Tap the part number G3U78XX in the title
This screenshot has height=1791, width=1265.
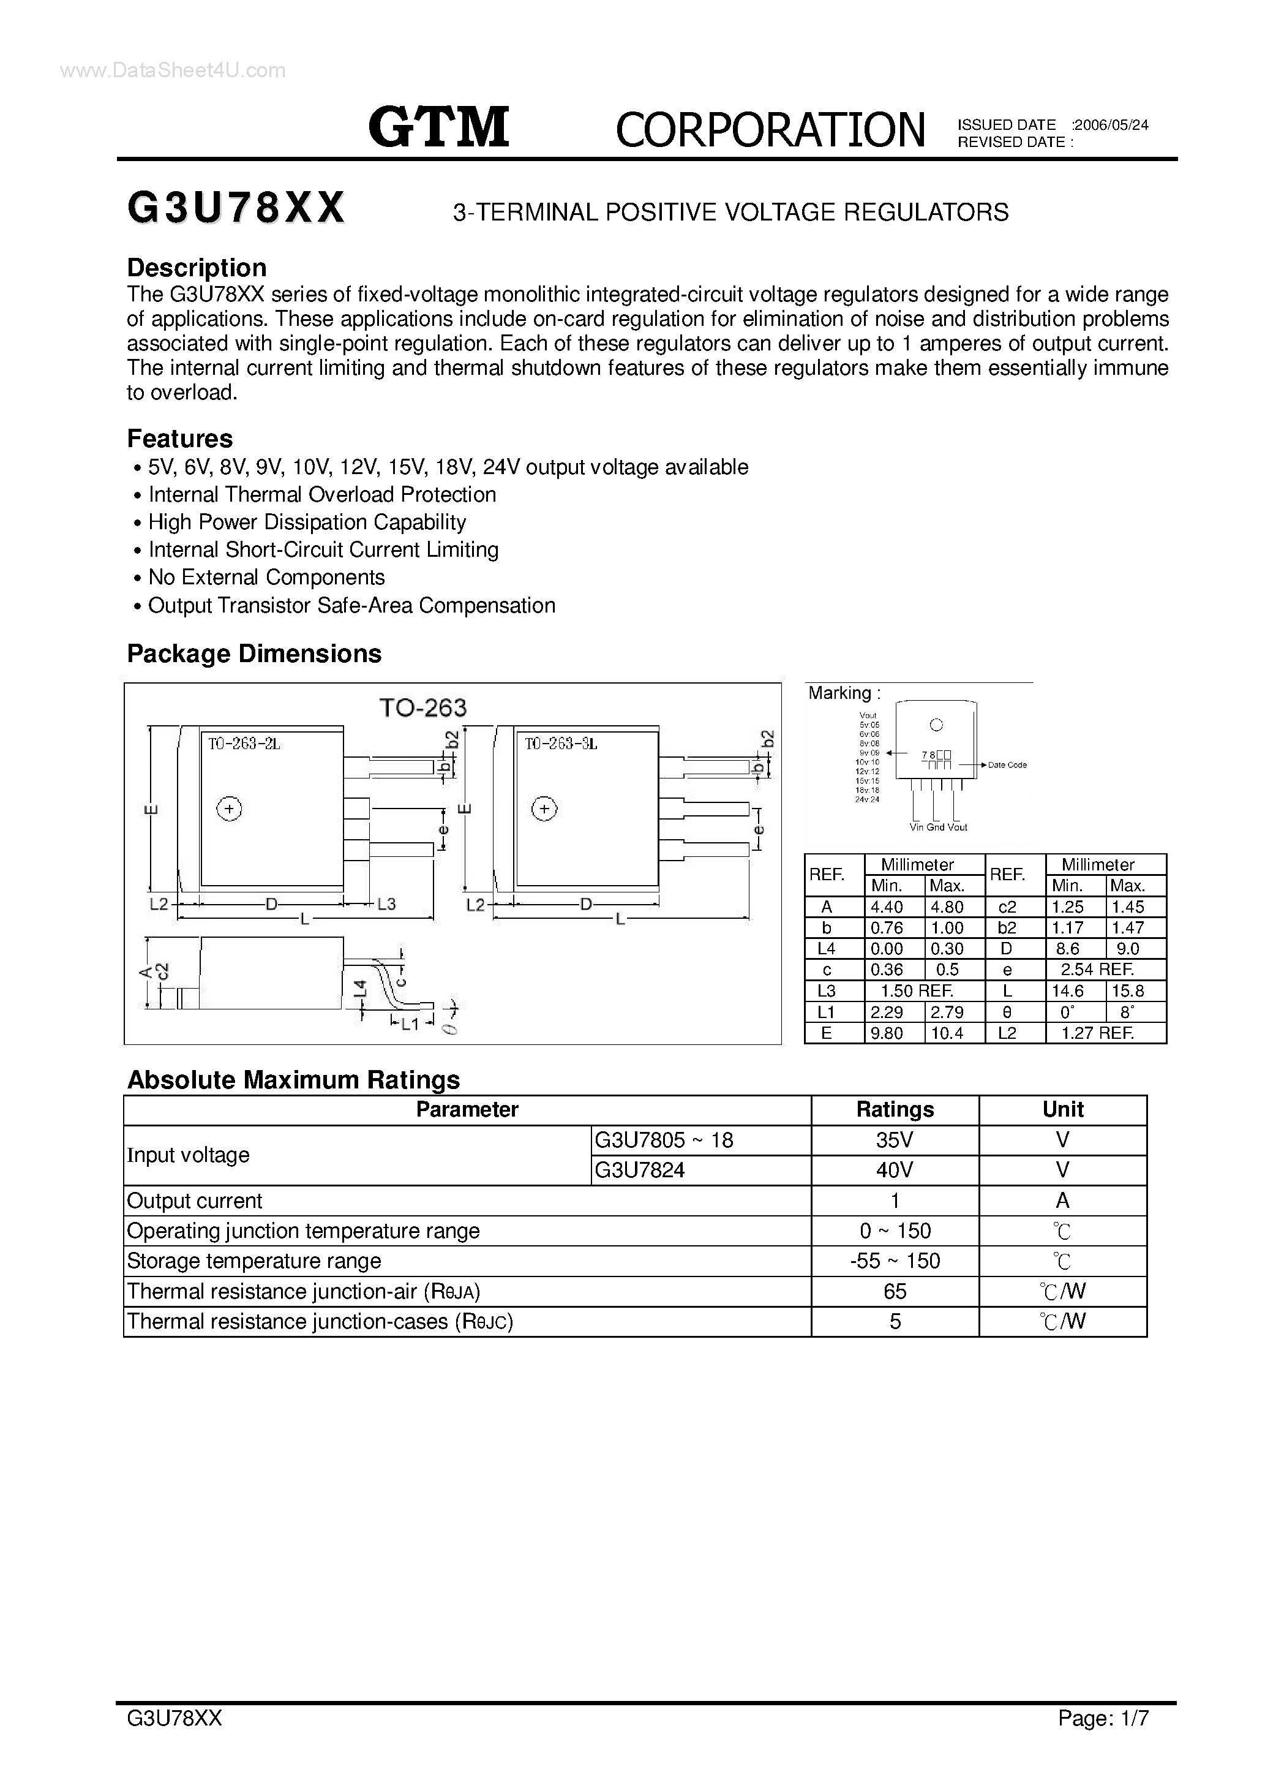236,209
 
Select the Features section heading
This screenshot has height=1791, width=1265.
179,439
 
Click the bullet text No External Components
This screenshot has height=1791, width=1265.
266,577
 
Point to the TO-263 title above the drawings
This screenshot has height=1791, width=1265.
422,707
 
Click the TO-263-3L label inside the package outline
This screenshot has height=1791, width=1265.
560,744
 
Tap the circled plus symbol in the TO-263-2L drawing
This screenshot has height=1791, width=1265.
229,809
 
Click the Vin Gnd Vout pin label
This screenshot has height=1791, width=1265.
938,827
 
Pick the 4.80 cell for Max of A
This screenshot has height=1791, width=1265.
947,907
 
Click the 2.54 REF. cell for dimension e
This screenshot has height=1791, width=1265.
1097,970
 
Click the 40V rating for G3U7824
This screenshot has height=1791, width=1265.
895,1170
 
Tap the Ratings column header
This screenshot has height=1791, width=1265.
895,1109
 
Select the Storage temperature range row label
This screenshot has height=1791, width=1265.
253,1261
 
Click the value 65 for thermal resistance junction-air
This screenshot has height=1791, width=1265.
895,1292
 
